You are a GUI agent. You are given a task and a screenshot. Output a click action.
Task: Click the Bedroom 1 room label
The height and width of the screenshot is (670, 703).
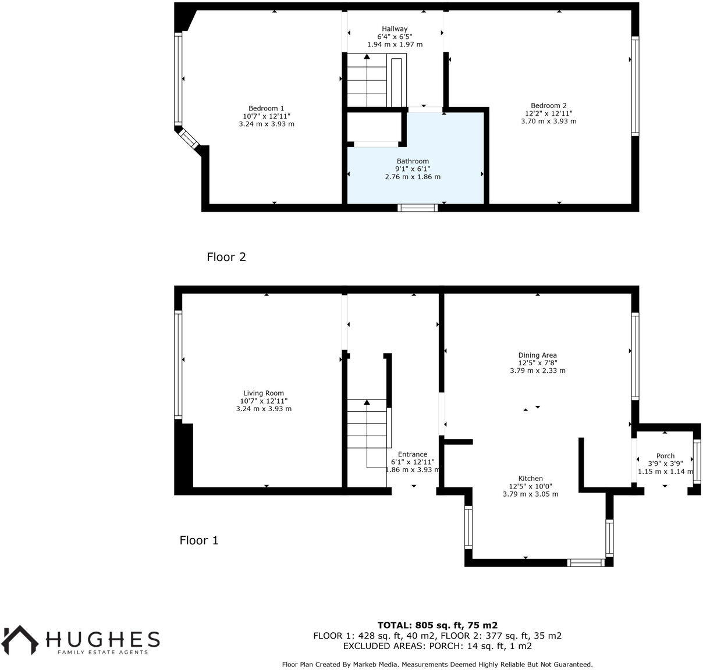pos(267,108)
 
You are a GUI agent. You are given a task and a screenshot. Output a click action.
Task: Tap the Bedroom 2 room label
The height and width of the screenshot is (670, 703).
pos(548,106)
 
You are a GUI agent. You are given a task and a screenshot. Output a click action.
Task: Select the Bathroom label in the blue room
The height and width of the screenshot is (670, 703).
pos(413,161)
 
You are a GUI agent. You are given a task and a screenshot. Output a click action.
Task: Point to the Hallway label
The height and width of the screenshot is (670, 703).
pos(395,29)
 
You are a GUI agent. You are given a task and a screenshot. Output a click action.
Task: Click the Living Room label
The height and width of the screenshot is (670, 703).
pos(264,393)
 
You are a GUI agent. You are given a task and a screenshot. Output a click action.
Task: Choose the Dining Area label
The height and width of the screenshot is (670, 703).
pos(537,355)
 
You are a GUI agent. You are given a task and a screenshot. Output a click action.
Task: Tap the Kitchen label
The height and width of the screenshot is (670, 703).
pos(530,479)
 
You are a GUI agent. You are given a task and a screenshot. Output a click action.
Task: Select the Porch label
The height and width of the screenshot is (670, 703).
pos(665,456)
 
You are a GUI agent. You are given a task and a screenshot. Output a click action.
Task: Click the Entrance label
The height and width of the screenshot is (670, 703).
pos(412,454)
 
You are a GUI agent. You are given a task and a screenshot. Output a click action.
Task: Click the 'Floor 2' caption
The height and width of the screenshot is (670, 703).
pos(226,257)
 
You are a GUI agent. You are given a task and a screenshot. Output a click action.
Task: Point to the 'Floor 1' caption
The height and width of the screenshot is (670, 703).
pos(199,540)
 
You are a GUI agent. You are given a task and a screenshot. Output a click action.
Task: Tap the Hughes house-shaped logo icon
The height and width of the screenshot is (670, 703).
pos(20,640)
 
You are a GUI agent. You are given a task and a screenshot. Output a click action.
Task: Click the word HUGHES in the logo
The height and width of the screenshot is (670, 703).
pos(103,639)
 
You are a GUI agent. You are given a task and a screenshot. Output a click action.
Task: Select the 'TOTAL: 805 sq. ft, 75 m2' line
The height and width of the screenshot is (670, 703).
pos(437,626)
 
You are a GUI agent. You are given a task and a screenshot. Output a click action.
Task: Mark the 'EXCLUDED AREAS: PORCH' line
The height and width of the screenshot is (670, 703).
pos(437,646)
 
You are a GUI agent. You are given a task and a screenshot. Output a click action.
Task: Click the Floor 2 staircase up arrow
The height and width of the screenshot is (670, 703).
pos(367,57)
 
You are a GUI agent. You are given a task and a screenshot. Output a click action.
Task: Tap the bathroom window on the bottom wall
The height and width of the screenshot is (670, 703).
pos(417,208)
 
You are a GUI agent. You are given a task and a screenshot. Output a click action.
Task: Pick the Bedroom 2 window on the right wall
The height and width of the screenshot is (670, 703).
pos(635,86)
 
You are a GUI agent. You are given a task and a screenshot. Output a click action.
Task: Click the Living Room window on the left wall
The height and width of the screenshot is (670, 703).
pos(178,365)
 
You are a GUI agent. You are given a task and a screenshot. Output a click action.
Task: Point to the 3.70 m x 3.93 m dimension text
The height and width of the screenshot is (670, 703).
pos(548,122)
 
